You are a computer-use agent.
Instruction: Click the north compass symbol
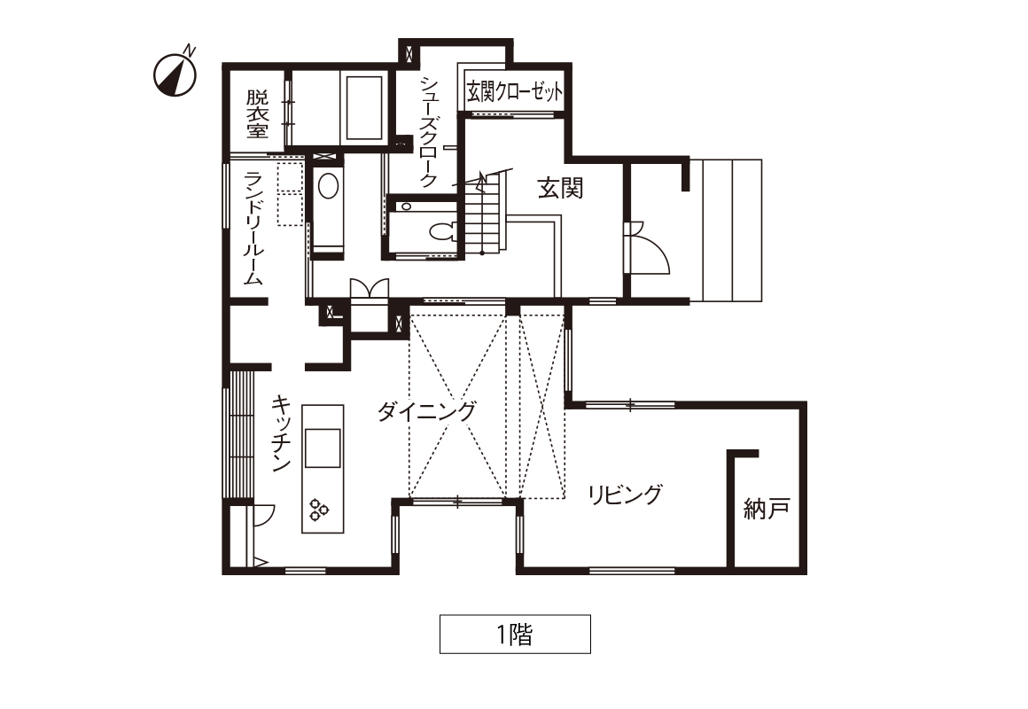[x=175, y=74]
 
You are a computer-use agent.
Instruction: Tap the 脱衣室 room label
[x=258, y=114]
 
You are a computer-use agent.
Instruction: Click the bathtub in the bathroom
[x=364, y=108]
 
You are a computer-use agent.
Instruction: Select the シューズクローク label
[x=429, y=132]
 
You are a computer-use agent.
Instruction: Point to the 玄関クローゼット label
[x=515, y=92]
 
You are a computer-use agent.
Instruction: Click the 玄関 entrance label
[x=560, y=188]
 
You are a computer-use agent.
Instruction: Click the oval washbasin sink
[x=329, y=186]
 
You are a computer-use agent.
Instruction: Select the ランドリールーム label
[x=253, y=229]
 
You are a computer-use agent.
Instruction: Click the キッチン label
[x=281, y=432]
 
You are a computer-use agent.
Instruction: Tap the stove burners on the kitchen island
[x=319, y=510]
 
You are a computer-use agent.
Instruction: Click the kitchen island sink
[x=323, y=448]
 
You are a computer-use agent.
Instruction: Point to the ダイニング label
[x=426, y=411]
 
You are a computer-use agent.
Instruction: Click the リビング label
[x=625, y=495]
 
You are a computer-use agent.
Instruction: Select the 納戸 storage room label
[x=767, y=509]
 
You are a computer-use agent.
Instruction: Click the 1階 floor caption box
[x=515, y=635]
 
